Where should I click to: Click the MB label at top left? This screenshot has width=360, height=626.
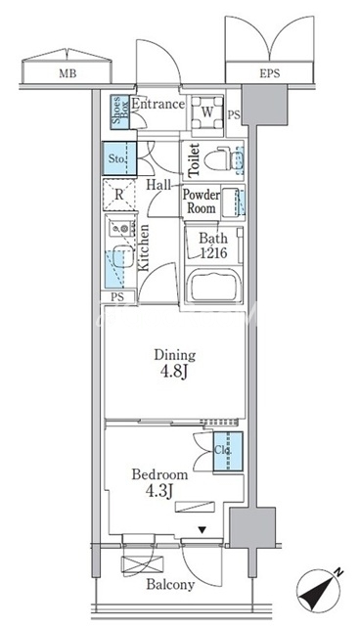(x=67, y=73)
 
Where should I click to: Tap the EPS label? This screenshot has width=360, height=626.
(x=270, y=73)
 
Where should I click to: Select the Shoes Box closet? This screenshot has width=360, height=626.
(x=120, y=112)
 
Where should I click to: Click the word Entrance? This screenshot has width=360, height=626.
(x=158, y=105)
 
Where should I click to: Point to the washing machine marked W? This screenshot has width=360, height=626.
(x=207, y=112)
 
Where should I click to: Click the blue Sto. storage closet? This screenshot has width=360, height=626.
(x=119, y=158)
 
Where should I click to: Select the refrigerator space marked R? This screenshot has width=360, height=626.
(x=119, y=195)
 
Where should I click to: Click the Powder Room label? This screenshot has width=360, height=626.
(x=202, y=201)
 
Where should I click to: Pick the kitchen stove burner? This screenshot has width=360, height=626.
(x=122, y=228)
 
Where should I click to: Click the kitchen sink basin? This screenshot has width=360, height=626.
(x=122, y=256)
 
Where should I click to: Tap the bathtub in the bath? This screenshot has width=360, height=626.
(x=214, y=286)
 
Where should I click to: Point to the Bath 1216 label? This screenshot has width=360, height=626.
(x=213, y=246)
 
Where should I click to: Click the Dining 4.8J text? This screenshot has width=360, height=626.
(x=175, y=363)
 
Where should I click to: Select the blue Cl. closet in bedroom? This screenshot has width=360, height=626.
(x=228, y=451)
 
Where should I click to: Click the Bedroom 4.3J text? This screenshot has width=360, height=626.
(x=159, y=482)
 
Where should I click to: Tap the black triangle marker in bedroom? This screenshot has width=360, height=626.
(x=202, y=530)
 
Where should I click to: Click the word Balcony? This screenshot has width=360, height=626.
(x=170, y=585)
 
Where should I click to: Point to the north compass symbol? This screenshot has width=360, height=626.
(x=321, y=592)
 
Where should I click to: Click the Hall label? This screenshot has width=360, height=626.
(x=158, y=185)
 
